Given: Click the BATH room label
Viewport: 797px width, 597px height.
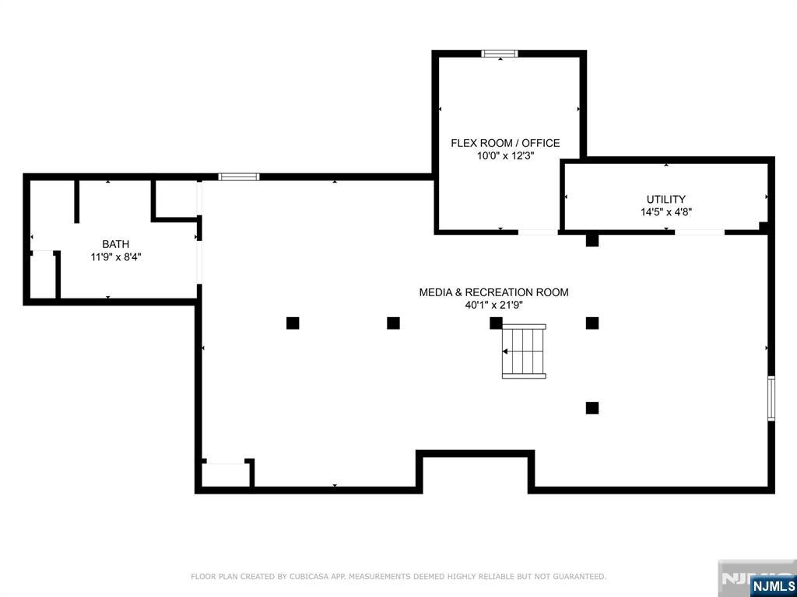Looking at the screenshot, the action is tap(116, 244).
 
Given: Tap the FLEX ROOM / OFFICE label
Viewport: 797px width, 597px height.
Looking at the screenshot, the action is tap(505, 143).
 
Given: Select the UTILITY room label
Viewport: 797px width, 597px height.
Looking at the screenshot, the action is tap(666, 200).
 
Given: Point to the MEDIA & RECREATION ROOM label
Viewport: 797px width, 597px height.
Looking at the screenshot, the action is tap(493, 292).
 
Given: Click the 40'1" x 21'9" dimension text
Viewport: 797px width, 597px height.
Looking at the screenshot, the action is tap(494, 305).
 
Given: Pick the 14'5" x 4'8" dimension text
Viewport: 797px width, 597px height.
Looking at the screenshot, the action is tap(666, 212).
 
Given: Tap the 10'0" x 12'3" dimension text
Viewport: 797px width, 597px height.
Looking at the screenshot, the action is tap(505, 155).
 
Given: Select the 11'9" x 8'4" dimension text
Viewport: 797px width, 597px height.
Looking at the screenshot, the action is tap(116, 257).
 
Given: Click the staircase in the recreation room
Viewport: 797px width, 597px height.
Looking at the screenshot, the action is tap(524, 351).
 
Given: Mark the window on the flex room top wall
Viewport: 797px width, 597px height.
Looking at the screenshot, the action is tap(500, 54).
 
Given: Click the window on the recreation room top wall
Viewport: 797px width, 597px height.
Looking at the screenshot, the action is tap(239, 176).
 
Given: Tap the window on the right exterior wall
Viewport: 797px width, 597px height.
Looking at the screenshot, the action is tap(771, 398).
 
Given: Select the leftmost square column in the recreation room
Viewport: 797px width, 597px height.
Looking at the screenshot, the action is tap(293, 323).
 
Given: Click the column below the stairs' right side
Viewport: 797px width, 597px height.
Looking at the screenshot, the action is tap(592, 407).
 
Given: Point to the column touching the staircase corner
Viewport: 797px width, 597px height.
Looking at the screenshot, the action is tap(496, 323).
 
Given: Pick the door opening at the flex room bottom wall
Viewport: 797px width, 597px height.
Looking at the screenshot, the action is tap(539, 232).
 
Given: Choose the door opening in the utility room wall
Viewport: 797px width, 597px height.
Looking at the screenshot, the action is tap(700, 232).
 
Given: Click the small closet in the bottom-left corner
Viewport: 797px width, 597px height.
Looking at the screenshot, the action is tap(226, 474).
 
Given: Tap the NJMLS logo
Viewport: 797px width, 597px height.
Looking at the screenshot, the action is tap(770, 586).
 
